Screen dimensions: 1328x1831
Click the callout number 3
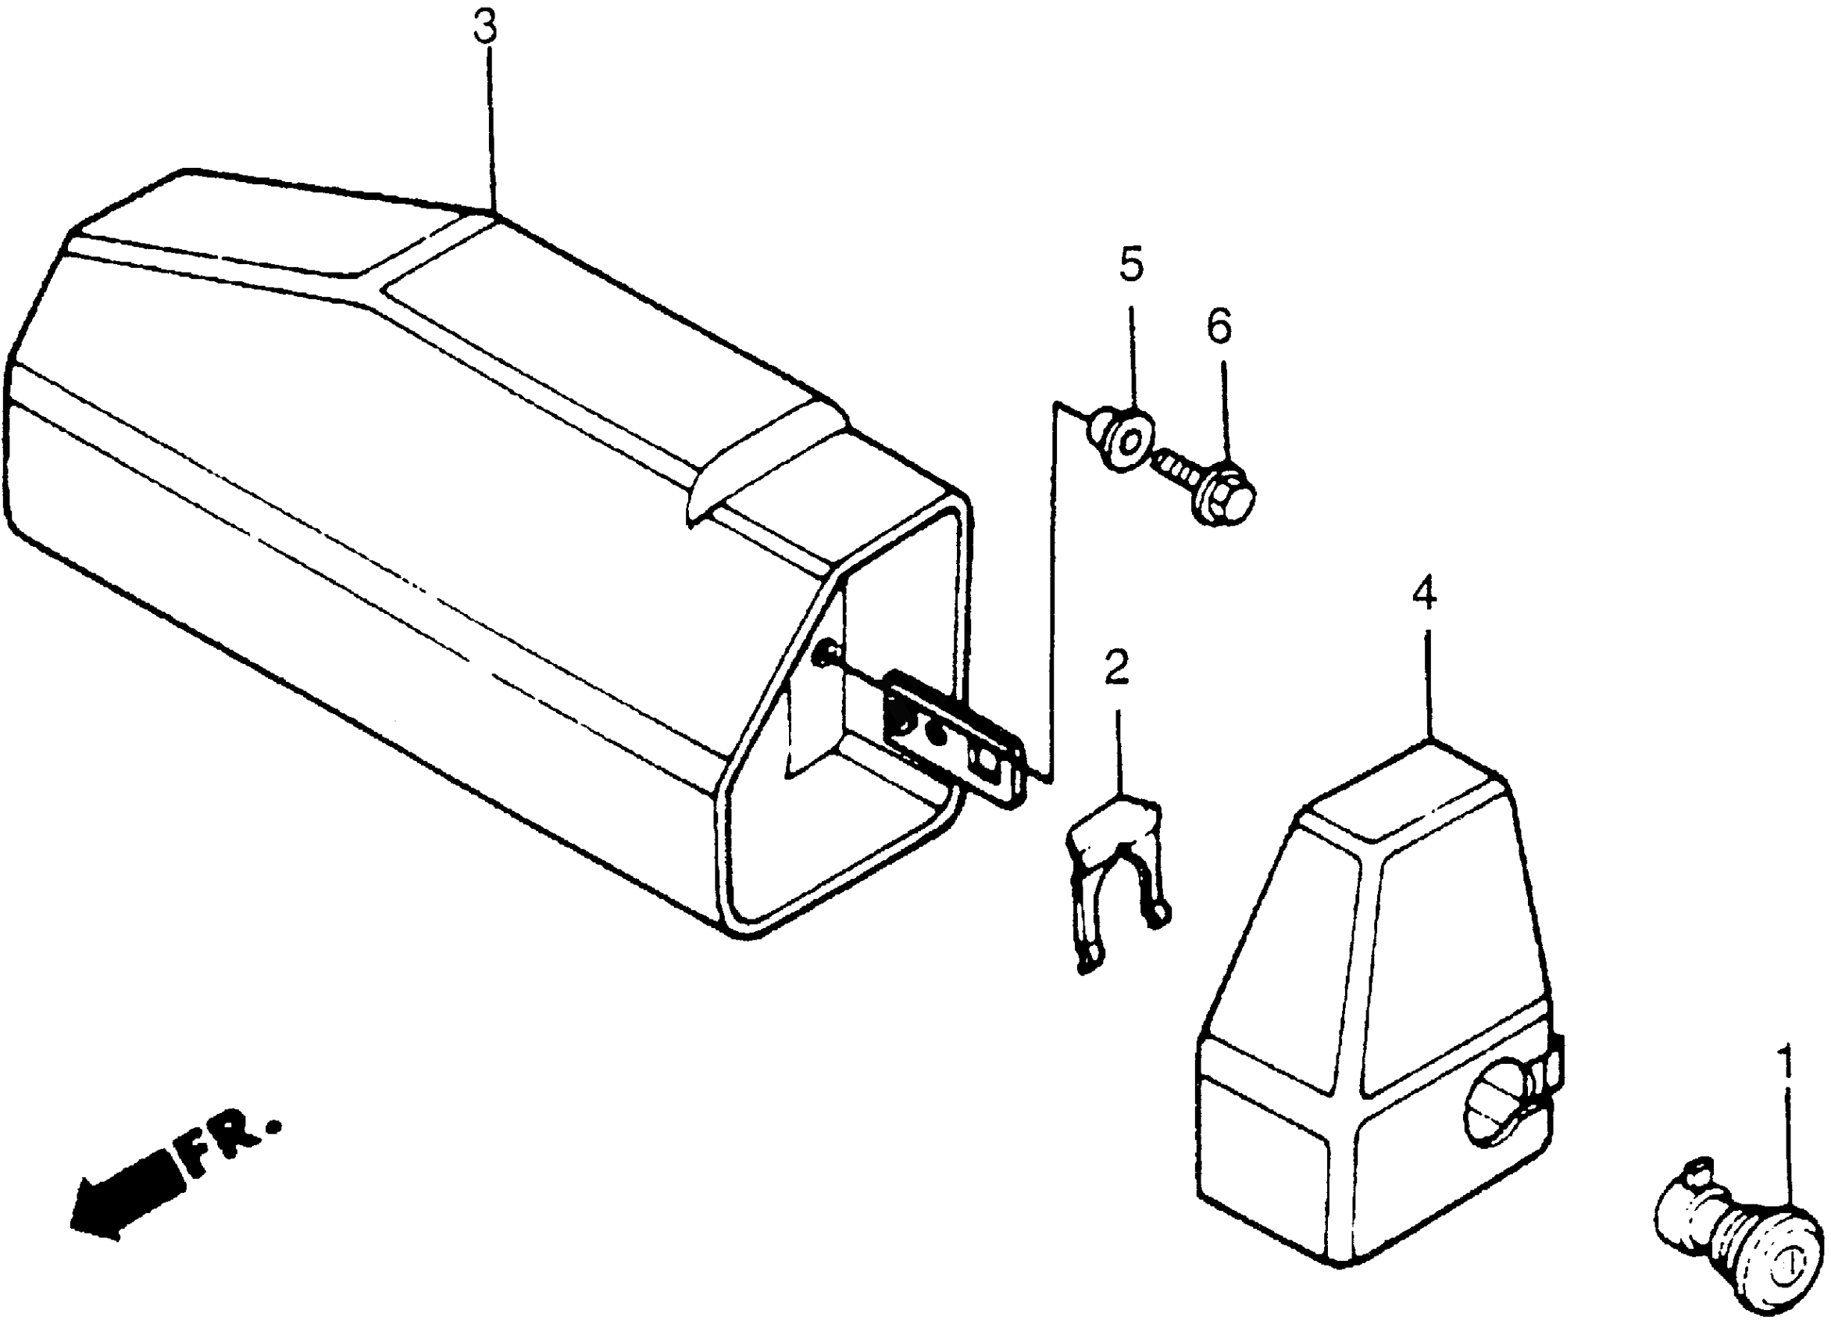[485, 30]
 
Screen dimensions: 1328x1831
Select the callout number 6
[1219, 327]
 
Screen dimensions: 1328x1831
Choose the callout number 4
[1424, 595]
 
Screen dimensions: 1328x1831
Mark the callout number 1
[1786, 1066]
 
